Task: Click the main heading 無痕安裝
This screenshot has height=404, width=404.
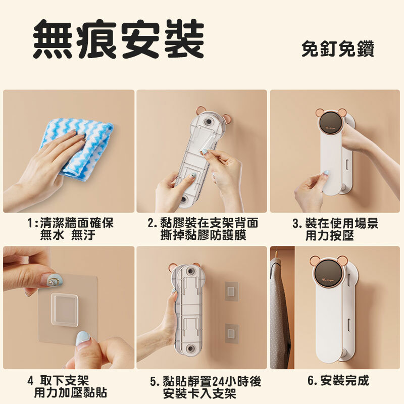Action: tap(119, 39)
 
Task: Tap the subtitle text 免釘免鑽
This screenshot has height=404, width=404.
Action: tap(338, 48)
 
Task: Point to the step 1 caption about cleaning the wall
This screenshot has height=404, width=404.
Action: tap(70, 229)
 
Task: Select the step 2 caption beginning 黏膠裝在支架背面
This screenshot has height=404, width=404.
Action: tap(203, 229)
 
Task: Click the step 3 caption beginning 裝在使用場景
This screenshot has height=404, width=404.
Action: tap(335, 229)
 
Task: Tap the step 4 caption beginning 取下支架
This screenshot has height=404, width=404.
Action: tap(67, 386)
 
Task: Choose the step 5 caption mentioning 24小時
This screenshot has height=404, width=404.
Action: tap(206, 387)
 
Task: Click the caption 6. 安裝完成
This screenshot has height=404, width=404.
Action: tap(338, 380)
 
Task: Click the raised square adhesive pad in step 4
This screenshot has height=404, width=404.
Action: tap(65, 309)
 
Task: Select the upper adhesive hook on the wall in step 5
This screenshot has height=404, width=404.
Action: tap(232, 291)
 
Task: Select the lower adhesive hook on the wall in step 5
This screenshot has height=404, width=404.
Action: tap(232, 333)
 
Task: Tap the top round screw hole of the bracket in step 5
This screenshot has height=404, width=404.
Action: tap(191, 271)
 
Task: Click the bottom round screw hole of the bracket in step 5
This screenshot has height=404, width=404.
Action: tap(191, 349)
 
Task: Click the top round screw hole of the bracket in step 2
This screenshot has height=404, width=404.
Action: tap(208, 121)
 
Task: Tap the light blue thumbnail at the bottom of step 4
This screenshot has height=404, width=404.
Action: tap(83, 339)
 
